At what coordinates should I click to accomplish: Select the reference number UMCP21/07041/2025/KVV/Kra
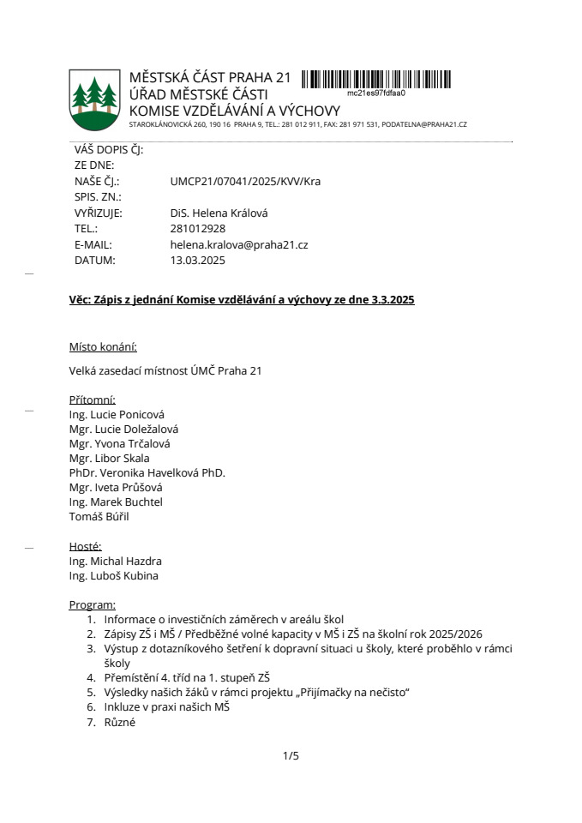point(246,181)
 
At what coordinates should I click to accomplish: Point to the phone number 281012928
point(198,229)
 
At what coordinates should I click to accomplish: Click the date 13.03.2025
point(198,261)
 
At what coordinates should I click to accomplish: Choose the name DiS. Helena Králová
point(219,213)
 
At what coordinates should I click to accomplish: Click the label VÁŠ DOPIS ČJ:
point(109,149)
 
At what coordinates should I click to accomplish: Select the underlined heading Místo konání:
point(103,347)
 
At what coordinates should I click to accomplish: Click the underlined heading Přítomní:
point(92,399)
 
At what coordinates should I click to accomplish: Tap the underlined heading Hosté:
point(85,546)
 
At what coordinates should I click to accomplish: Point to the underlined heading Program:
point(92,605)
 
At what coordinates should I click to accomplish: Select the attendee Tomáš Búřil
point(99,516)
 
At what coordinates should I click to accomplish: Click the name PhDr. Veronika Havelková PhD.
point(147,472)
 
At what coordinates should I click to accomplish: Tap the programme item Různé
point(119,722)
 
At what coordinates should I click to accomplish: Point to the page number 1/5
point(291,756)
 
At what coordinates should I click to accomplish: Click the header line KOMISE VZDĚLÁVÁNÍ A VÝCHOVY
point(234,111)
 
